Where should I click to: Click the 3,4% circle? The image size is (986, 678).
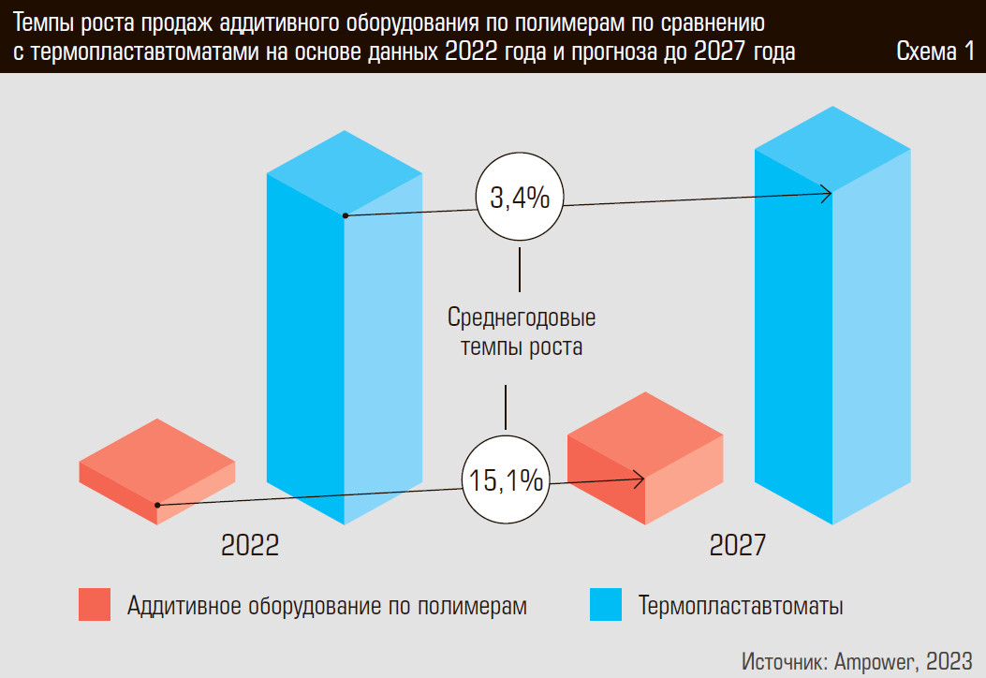click(x=520, y=199)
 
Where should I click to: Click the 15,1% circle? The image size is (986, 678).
click(x=506, y=481)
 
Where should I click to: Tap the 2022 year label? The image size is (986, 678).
click(x=250, y=546)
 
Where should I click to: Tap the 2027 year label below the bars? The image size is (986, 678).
click(x=738, y=546)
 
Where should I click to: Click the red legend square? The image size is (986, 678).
click(x=95, y=605)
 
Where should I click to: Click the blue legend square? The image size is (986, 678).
click(x=605, y=605)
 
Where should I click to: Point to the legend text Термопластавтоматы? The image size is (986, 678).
click(x=741, y=606)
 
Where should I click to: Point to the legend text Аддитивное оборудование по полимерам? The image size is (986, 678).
click(x=327, y=606)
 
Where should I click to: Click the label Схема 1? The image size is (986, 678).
click(x=934, y=52)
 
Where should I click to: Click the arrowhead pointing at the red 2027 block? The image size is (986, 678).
click(x=640, y=479)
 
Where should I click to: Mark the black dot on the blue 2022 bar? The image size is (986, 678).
click(x=346, y=215)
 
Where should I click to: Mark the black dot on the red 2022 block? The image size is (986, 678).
click(x=157, y=505)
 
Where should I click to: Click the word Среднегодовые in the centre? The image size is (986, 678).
click(x=522, y=317)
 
